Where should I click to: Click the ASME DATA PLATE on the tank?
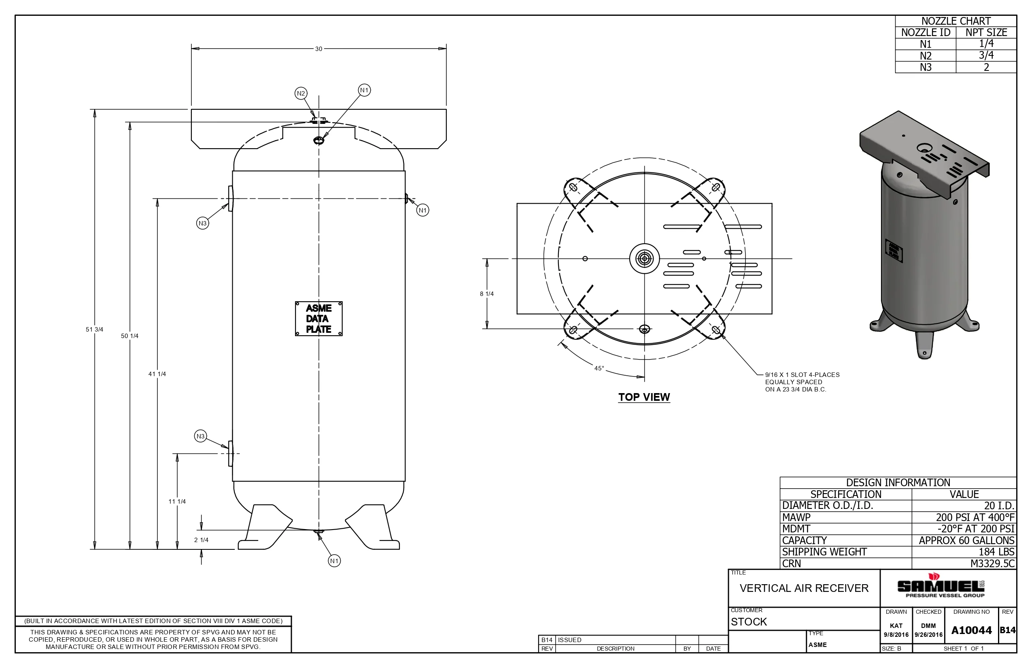[x=319, y=319]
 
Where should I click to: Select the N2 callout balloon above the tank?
[x=301, y=93]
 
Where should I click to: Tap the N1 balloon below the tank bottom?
[x=334, y=561]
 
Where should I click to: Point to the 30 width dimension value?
[x=319, y=49]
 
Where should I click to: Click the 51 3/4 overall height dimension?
[x=95, y=330]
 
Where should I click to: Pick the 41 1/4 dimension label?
[x=157, y=374]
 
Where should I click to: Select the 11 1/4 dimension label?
[x=177, y=502]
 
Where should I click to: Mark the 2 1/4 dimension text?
[x=201, y=540]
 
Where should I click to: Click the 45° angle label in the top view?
[x=599, y=368]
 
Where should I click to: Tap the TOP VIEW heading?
[x=644, y=397]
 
